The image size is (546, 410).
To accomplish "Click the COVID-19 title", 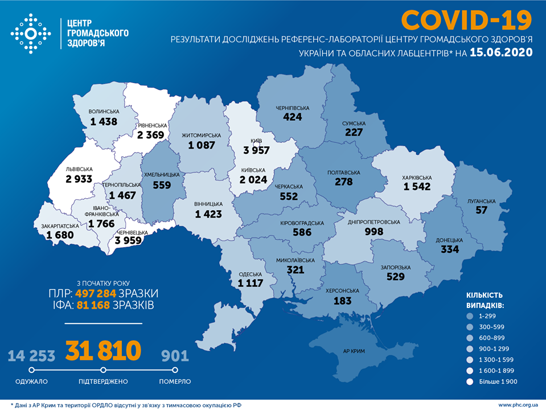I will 466,20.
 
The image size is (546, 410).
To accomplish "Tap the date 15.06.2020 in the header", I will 502,53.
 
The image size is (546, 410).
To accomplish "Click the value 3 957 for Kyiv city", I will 256,150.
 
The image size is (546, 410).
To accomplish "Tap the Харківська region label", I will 418,177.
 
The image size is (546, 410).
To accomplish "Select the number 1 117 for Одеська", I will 251,283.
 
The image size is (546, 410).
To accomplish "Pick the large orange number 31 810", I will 103,351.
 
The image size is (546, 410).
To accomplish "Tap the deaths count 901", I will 175,356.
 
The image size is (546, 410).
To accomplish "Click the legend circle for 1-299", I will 470,316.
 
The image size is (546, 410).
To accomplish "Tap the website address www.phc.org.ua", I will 518,404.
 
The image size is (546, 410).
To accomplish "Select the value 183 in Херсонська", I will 342,301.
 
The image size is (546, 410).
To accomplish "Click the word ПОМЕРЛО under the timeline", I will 175,381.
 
